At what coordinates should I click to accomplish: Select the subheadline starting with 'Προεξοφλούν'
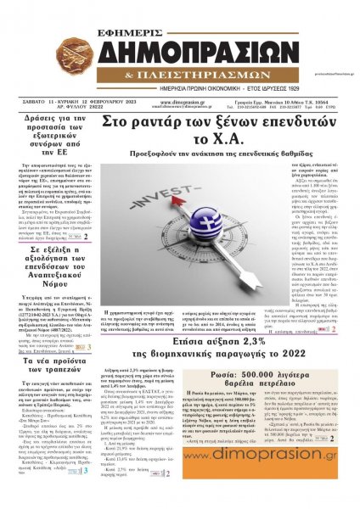coord(194,157)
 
